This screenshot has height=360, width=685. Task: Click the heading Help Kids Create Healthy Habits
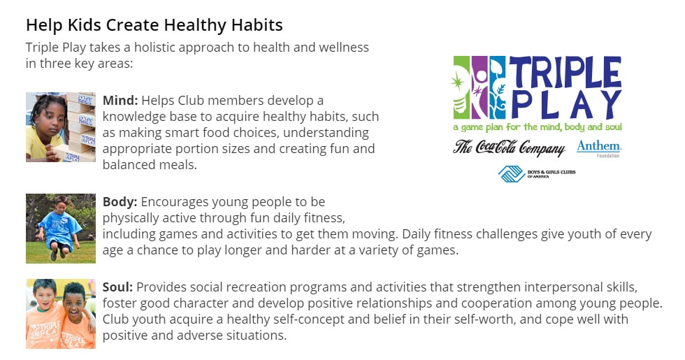pos(154,25)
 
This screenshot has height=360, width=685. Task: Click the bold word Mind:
pos(120,101)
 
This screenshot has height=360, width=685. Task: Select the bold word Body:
pos(120,202)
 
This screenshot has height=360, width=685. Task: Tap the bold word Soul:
pos(117,287)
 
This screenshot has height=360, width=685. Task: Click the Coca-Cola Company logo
pos(509,148)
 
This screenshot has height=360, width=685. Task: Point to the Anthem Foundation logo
pos(598,148)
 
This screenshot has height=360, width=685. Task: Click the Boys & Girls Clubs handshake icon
pos(512,174)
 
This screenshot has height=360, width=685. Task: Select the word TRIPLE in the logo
pos(565,72)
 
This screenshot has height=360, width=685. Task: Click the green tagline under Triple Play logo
pos(538,127)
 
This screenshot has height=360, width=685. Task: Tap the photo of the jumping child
pos(61,229)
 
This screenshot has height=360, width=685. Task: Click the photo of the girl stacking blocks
pos(61,127)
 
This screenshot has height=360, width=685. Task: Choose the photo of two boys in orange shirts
pos(61,314)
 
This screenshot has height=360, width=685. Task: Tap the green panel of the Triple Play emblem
pos(461,87)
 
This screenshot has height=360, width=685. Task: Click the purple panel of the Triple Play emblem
pos(479,87)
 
